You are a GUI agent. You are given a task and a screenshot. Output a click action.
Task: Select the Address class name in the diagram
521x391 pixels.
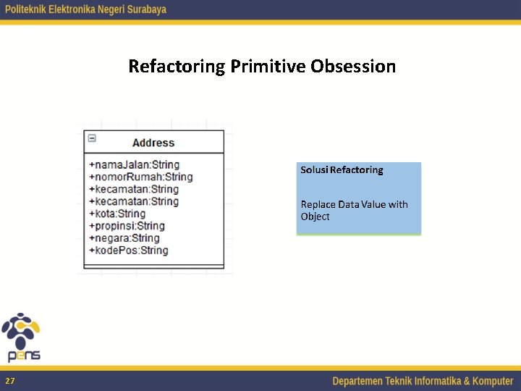153,143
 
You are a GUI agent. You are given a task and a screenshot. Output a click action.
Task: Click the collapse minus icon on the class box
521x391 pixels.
92,138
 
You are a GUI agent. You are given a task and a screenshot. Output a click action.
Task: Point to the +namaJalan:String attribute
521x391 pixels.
134,164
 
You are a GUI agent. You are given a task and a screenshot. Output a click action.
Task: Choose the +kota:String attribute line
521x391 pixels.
117,214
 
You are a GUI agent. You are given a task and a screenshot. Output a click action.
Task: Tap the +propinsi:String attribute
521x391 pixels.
127,226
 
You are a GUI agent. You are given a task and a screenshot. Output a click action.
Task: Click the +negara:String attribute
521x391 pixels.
124,238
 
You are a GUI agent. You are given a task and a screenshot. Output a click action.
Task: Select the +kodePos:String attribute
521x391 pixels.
128,251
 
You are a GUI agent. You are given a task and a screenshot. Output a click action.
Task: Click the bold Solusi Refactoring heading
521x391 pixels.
342,170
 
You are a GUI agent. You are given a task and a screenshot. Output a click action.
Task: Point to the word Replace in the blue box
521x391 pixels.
318,204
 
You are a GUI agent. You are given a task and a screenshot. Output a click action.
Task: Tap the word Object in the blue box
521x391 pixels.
315,216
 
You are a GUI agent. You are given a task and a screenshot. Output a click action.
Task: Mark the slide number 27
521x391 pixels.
9,381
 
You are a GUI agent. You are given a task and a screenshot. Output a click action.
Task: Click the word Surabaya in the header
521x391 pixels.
145,9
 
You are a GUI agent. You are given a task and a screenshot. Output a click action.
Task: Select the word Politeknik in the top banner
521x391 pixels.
29,9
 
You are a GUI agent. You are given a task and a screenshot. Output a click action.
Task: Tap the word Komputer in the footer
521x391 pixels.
488,381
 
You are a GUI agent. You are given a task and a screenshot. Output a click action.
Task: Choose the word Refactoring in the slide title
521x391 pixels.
177,67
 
